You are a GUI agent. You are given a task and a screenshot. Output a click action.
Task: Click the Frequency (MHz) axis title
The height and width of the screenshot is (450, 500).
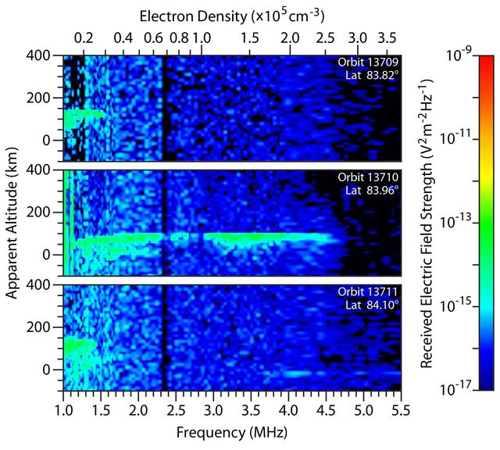point(231,430)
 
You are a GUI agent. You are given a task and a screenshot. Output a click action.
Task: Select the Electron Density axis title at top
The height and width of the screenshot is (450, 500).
point(233,15)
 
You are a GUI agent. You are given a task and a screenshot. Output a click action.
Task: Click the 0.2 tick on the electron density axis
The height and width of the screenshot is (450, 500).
point(84,37)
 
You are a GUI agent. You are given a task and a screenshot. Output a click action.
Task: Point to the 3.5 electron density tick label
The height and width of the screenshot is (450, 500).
point(387,37)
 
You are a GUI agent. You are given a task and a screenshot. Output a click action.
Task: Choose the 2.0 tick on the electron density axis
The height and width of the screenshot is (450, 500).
point(291,37)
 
